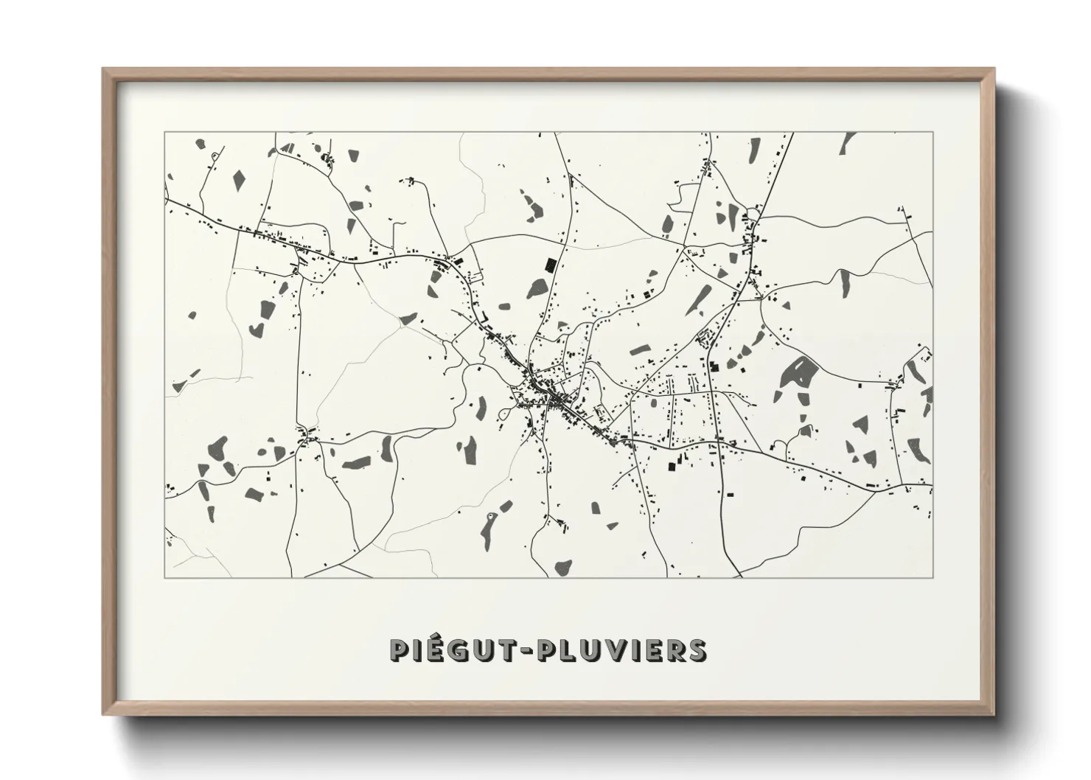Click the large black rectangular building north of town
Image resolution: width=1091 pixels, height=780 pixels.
(549, 265)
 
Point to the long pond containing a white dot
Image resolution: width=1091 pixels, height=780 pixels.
(488, 524)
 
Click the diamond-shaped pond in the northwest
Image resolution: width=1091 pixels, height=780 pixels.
(239, 178)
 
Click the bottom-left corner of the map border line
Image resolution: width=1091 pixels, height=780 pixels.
(165, 577)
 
